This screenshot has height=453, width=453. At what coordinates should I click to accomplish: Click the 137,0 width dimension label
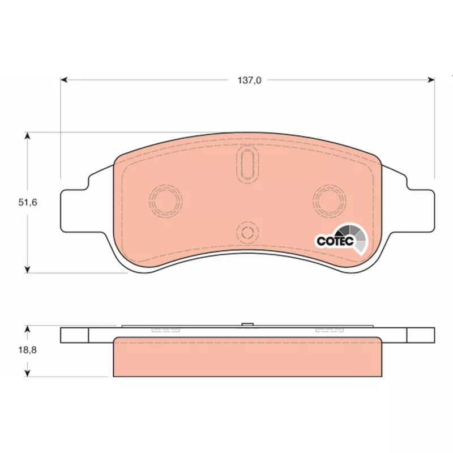pos(249,80)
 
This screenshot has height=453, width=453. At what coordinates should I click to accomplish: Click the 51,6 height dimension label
pos(28,202)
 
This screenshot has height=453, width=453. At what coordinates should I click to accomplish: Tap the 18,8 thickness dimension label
pos(28,350)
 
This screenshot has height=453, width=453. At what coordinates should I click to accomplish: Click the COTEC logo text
pos(335,241)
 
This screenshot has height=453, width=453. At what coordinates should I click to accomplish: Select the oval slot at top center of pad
pos(247,164)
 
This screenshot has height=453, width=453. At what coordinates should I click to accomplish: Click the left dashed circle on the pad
pos(165,201)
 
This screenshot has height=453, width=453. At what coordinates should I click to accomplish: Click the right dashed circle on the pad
pos(330,201)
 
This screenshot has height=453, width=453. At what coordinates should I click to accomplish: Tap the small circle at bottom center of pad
pos(247,232)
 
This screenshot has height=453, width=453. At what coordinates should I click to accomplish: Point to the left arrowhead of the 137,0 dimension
pos(64,80)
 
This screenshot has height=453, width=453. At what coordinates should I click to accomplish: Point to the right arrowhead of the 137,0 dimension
pos(431,80)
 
